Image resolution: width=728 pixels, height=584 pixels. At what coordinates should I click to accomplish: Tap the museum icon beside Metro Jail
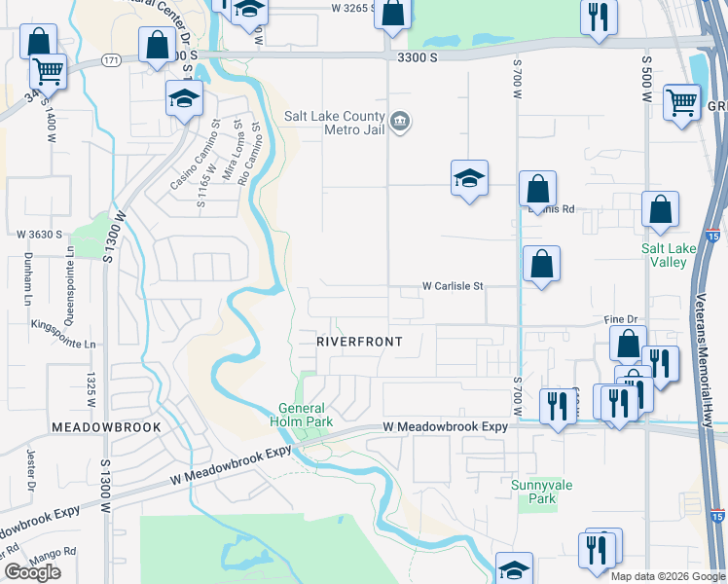click(x=399, y=121)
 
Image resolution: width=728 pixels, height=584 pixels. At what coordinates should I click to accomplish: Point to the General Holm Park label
click(x=306, y=416)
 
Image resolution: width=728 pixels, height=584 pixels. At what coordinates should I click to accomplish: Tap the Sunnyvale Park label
click(x=534, y=491)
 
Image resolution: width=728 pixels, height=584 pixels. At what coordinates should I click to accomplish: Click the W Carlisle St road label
click(x=453, y=286)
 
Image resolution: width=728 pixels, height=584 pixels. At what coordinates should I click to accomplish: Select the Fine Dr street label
click(x=619, y=319)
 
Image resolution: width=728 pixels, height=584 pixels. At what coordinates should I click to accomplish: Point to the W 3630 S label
click(x=39, y=235)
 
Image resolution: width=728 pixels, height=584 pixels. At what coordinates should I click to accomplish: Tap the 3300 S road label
click(x=419, y=57)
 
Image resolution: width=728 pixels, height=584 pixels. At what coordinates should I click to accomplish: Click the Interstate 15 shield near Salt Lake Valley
click(x=716, y=236)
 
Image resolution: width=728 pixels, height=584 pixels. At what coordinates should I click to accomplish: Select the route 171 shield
click(x=112, y=61)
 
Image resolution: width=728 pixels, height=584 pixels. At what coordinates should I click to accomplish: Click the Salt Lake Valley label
click(x=669, y=255)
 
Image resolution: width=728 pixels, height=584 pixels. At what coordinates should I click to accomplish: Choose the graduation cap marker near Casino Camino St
click(x=184, y=97)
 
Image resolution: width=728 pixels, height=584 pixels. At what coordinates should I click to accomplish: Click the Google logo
click(x=33, y=572)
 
